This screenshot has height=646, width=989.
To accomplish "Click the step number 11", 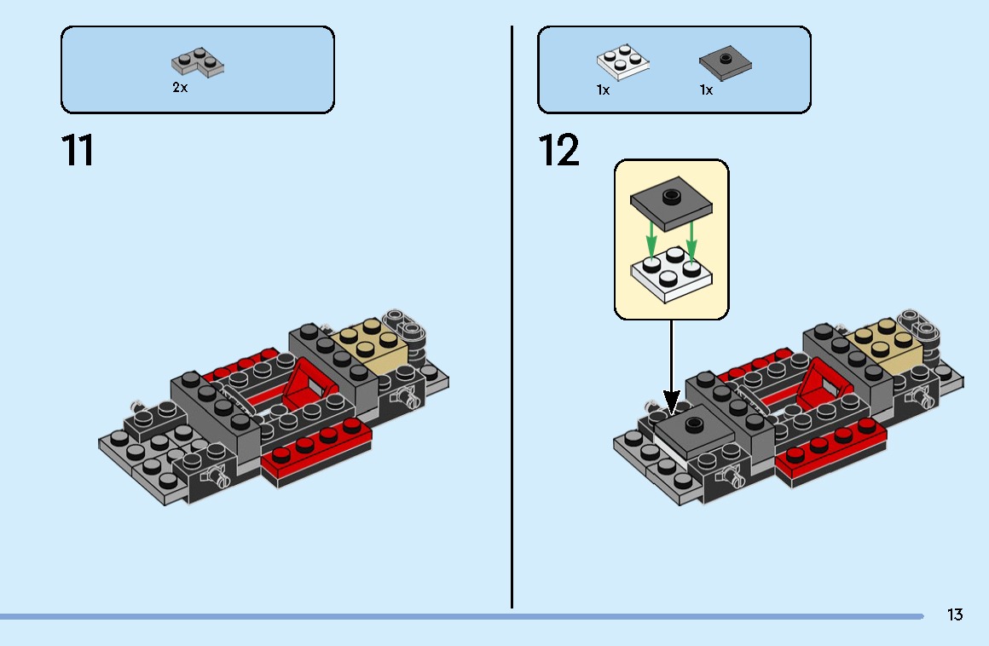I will (78, 151).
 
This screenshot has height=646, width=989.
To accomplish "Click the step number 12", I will (559, 151).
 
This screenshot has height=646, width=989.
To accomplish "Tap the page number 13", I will (954, 614).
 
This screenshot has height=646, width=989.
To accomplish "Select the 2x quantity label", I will (180, 88).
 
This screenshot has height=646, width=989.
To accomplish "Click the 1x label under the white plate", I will (603, 89).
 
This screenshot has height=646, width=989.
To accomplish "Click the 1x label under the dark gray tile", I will (706, 89).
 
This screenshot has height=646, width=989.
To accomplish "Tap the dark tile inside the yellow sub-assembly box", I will (672, 201).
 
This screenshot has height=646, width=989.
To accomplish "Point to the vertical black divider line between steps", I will (512, 315).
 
